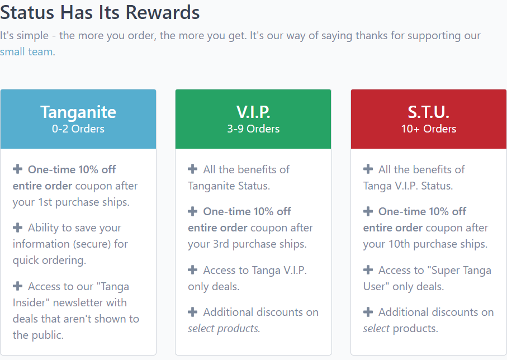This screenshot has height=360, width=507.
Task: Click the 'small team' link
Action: pos(26,52)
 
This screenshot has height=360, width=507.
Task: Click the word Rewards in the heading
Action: pos(163,13)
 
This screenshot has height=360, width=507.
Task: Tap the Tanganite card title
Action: pos(78,112)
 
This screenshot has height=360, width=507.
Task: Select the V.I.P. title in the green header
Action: pos(253,112)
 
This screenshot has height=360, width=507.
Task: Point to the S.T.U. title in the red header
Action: pos(428,112)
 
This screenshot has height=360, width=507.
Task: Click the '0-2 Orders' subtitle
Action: pos(78,129)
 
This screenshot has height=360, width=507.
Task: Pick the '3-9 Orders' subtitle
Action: pos(253,129)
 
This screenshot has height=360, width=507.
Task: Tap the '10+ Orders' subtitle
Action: pos(428,129)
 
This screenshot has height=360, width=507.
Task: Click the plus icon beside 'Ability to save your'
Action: pos(17,228)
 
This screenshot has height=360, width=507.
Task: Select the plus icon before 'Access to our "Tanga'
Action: pos(17,286)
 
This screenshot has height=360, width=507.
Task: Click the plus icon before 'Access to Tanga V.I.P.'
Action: pos(193,270)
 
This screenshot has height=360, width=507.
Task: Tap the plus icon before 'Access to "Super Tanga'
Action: pos(368,270)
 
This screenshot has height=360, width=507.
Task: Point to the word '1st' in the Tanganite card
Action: pos(45,202)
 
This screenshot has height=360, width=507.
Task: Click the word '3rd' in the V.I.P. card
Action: pos(221,244)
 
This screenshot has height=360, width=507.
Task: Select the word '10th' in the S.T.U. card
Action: pos(399,244)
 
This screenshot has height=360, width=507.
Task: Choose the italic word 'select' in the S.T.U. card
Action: pos(376,328)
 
